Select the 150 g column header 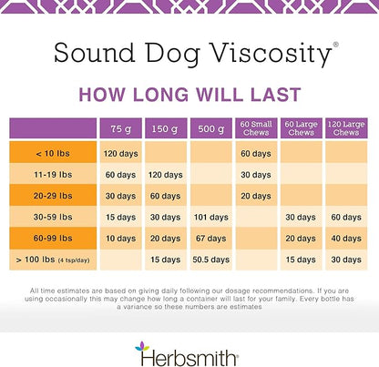click(x=166, y=128)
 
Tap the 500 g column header click(x=211, y=128)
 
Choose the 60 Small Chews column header click(x=257, y=128)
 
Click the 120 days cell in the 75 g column click(x=121, y=152)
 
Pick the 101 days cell click(x=211, y=217)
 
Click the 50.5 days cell click(x=211, y=260)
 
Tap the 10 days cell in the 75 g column click(x=121, y=239)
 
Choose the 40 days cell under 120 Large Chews click(x=346, y=239)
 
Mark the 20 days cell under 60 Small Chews click(x=257, y=196)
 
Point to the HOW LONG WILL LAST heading click(x=189, y=93)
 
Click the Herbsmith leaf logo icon click(x=140, y=348)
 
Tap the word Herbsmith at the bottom click(x=197, y=349)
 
